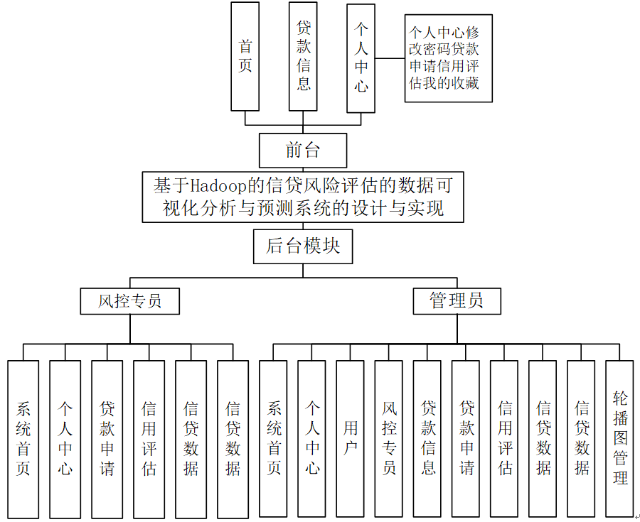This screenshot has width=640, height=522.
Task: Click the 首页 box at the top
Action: click(245, 56)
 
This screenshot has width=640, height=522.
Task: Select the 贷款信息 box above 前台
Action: click(304, 56)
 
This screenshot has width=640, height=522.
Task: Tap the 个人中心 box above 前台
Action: click(361, 58)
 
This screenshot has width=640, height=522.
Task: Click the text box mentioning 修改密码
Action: click(448, 58)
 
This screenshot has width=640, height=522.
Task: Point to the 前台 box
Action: click(303, 150)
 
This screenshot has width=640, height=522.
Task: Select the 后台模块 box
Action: click(303, 246)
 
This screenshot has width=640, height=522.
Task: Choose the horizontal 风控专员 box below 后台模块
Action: click(129, 301)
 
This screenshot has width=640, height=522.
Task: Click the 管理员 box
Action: click(457, 300)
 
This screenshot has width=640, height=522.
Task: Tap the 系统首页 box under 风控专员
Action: click(23, 438)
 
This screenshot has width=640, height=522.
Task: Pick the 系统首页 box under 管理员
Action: click(274, 438)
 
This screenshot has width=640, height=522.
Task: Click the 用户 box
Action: click(351, 438)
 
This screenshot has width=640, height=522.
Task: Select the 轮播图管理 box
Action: click(619, 438)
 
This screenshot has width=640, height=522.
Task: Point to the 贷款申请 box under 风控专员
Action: click(107, 438)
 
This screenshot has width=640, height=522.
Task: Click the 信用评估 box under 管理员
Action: click(504, 438)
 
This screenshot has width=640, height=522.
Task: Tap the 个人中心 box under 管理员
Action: click(312, 438)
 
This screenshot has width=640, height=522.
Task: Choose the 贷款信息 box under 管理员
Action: click(427, 438)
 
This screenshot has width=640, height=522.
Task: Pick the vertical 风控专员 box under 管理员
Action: click(389, 438)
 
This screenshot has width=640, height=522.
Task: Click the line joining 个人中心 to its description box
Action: click(390, 58)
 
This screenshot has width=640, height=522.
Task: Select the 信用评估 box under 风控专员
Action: click(149, 438)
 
